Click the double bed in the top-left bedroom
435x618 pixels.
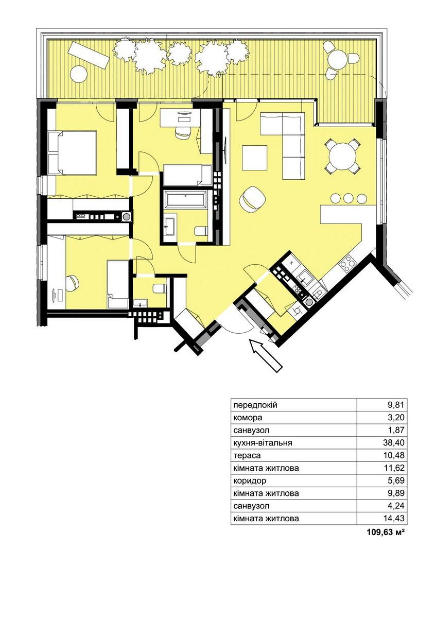72,152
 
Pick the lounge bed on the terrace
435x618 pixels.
89,56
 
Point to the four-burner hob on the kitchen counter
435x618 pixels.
347,263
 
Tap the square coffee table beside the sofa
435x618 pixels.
255,158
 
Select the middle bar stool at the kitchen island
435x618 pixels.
348,198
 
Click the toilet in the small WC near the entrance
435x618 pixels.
160,288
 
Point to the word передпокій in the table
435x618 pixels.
255,406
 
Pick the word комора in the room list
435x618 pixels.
248,418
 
